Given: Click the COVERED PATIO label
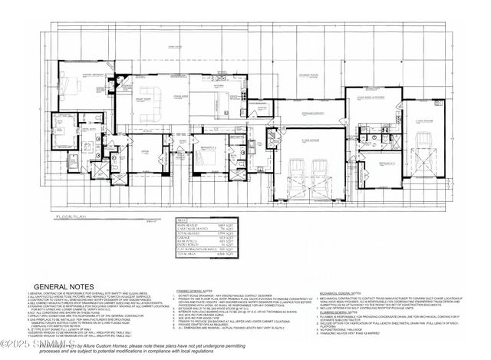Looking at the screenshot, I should tap(308, 75).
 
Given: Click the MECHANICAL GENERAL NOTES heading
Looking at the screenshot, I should tap(318, 292).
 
